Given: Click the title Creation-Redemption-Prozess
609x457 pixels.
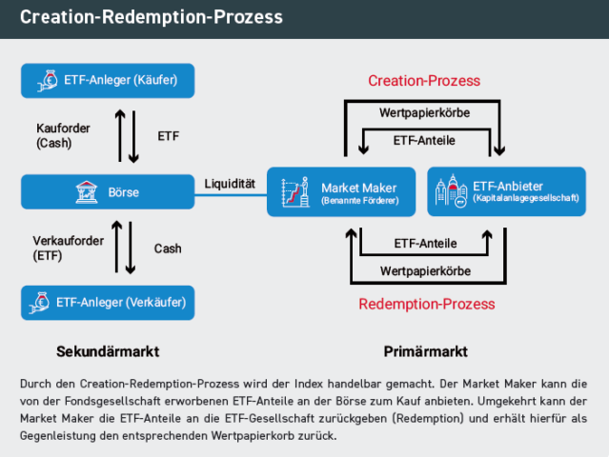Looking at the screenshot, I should [x=152, y=18].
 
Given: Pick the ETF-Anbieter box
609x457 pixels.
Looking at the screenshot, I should [x=506, y=191].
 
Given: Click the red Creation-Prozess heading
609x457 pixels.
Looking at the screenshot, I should [x=424, y=80].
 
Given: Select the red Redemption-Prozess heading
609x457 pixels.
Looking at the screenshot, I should [x=426, y=304].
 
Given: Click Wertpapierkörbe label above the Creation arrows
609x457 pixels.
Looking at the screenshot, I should [x=424, y=112].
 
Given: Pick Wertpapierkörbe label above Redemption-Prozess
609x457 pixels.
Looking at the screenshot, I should [x=424, y=271].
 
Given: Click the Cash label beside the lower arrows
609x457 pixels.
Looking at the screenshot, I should [x=168, y=248].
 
